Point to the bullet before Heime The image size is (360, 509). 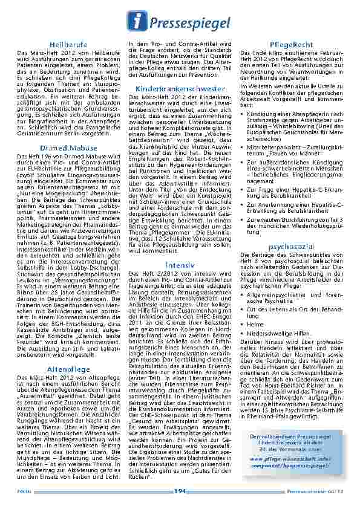[x=243, y=324]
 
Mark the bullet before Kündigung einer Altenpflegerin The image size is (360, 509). [x=243, y=113]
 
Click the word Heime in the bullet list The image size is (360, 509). [x=255, y=324]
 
